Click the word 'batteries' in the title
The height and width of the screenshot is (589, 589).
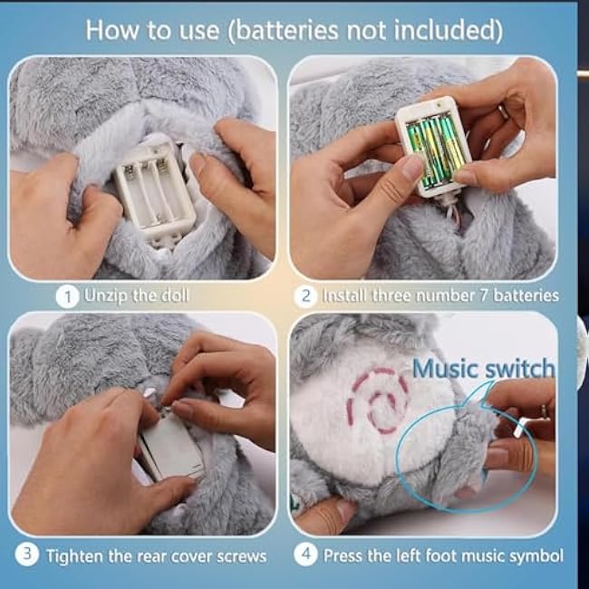[287, 31]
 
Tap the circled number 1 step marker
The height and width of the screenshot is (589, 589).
[68, 296]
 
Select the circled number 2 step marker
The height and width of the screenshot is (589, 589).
[305, 296]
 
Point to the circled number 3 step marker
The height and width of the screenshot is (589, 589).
[26, 555]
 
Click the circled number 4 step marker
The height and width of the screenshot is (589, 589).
[305, 555]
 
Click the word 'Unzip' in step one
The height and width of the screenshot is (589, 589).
[107, 296]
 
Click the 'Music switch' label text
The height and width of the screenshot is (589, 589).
[484, 368]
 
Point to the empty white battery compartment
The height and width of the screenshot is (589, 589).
[155, 188]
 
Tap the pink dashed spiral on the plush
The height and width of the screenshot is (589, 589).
[377, 401]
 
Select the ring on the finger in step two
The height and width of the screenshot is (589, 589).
[503, 111]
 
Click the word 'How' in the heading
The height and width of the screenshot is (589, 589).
[112, 30]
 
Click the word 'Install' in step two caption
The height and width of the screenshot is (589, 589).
[345, 296]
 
